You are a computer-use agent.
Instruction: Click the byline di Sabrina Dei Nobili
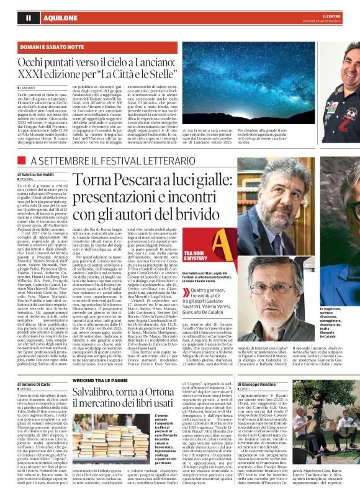pyautogui.click(x=38, y=176)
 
